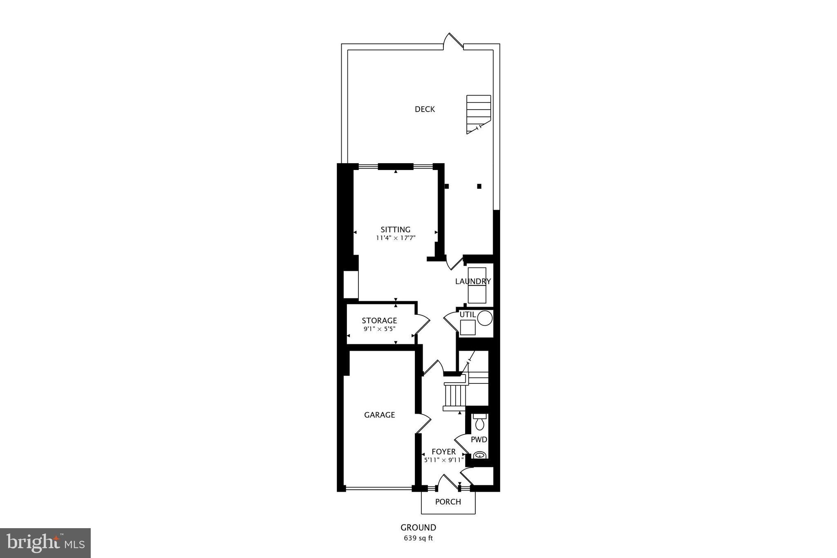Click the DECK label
tap(425, 109)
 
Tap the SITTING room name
tap(395, 229)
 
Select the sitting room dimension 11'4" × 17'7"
tap(396, 238)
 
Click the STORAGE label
tap(379, 320)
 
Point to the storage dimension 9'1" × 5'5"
tap(379, 329)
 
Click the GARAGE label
tap(379, 415)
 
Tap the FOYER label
tap(443, 452)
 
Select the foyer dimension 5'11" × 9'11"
tap(443, 460)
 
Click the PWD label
tap(479, 440)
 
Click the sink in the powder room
tap(479, 455)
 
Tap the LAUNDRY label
tap(473, 281)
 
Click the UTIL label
tap(468, 314)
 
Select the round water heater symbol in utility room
tap(485, 318)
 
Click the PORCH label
tap(448, 502)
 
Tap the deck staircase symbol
tap(478, 114)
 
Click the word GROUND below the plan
tap(418, 527)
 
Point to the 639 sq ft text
tap(418, 538)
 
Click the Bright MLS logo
tap(45, 543)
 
